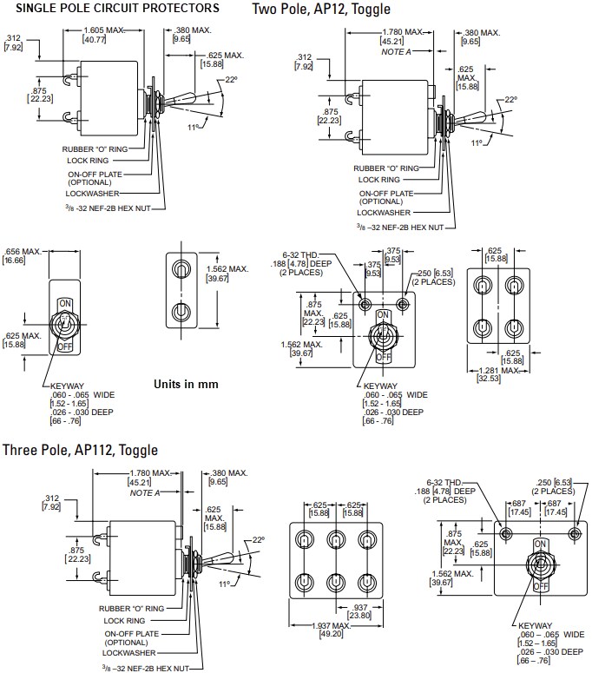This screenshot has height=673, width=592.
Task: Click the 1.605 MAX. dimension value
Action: point(103,30)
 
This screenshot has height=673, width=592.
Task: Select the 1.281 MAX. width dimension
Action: point(497,371)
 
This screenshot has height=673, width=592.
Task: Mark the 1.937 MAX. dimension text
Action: point(333,625)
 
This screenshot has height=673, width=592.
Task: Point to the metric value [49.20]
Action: point(333,635)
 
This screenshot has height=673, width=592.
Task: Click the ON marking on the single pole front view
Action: point(64,304)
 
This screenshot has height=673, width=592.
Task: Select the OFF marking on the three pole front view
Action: point(540,586)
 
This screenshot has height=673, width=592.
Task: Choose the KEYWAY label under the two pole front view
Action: point(380,385)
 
